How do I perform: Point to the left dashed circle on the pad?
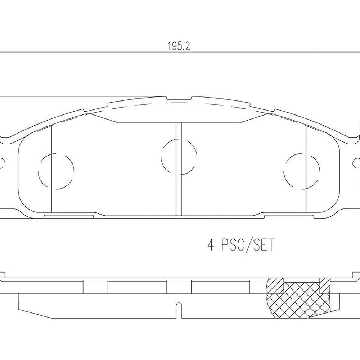[x=56, y=171]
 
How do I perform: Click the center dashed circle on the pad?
[x=179, y=157]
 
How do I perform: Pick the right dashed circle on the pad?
[x=302, y=171]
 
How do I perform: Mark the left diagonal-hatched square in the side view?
[x=275, y=285]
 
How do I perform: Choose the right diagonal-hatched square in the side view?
[x=324, y=285]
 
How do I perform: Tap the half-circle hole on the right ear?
[x=357, y=163]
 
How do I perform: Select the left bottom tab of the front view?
[x=68, y=217]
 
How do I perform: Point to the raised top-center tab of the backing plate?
[x=179, y=98]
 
